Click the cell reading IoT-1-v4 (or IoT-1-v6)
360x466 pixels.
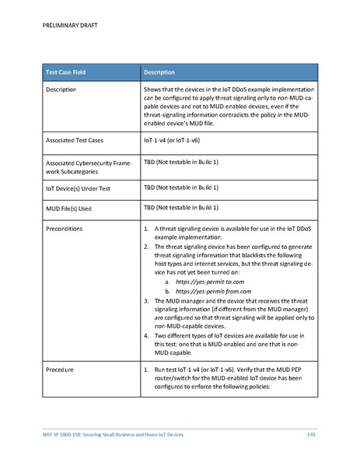click(177, 141)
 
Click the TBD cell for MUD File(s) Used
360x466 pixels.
click(181, 208)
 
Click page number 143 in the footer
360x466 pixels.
click(311, 433)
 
